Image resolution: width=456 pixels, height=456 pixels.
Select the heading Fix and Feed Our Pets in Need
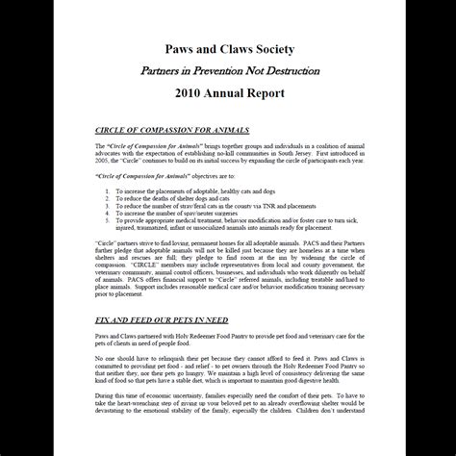(x=160, y=316)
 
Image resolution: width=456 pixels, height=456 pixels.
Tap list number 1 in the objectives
(x=108, y=192)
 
